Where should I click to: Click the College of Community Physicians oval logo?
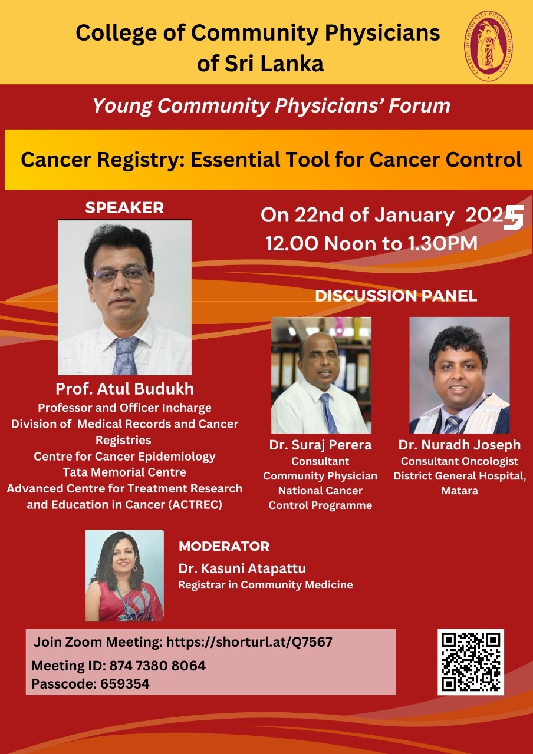(x=489, y=46)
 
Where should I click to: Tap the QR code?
(x=471, y=662)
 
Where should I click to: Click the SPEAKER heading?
(x=124, y=208)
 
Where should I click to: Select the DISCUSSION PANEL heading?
(x=396, y=296)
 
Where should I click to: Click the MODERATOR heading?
(x=224, y=546)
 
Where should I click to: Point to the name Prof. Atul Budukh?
(x=124, y=389)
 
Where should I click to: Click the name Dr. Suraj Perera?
(x=320, y=445)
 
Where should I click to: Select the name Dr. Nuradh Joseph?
(x=459, y=445)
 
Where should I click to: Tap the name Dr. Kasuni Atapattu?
(x=242, y=568)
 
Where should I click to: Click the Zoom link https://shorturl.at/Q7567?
(x=249, y=642)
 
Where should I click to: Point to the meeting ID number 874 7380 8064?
(x=157, y=666)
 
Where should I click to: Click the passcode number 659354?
(x=124, y=684)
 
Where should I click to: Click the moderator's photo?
(x=124, y=576)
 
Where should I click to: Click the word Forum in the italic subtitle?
(x=419, y=105)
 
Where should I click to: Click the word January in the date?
(x=414, y=216)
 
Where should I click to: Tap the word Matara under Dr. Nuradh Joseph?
(x=459, y=491)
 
